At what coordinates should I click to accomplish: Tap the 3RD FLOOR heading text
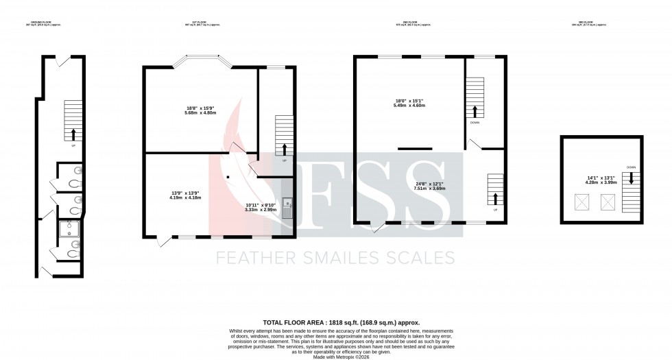tap(590, 23)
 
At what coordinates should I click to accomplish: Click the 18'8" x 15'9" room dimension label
tap(201, 110)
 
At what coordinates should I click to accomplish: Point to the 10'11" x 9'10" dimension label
tap(261, 207)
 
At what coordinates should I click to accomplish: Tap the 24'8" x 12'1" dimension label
tap(430, 186)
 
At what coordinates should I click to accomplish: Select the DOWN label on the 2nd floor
tap(475, 123)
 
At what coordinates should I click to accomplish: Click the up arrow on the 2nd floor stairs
tap(494, 199)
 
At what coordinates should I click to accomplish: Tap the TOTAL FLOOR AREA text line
tap(341, 322)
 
